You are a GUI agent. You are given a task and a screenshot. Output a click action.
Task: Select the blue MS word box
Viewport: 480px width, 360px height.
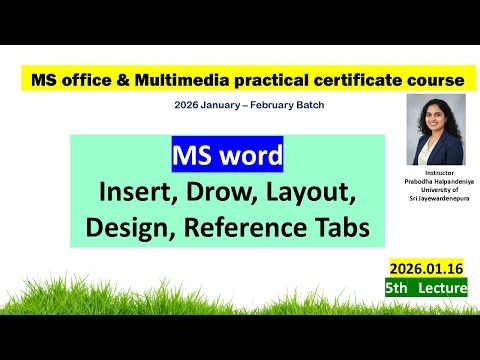point(227,157)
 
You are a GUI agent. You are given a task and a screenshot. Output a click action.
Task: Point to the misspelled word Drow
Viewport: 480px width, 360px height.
point(219,191)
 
